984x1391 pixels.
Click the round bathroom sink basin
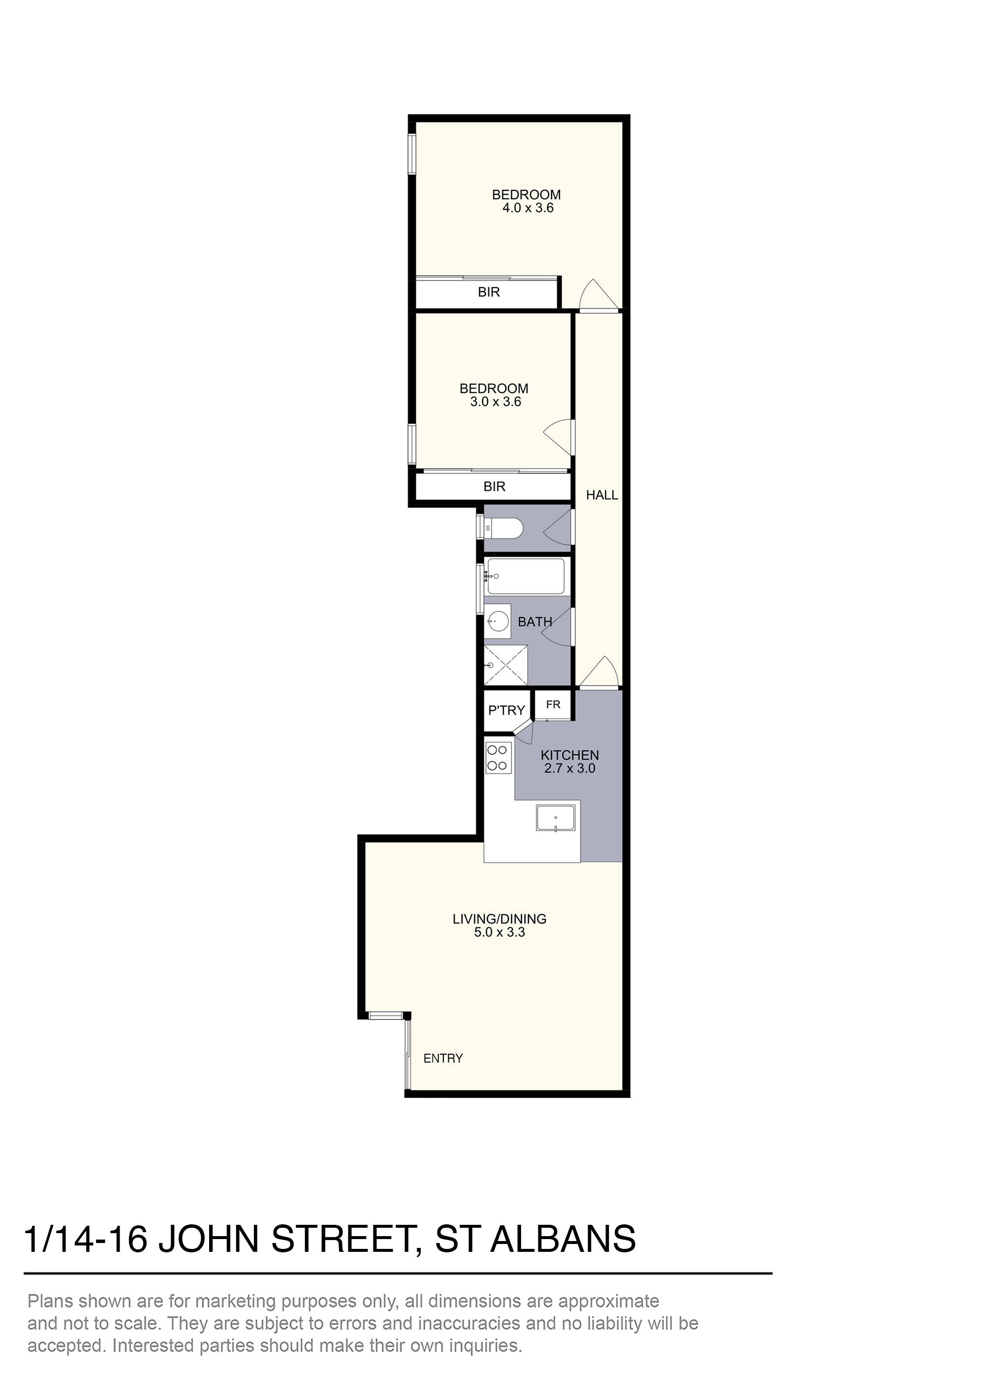(x=498, y=621)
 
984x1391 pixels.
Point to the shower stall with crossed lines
(x=506, y=665)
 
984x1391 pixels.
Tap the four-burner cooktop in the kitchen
(x=497, y=758)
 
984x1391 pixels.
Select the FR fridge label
(x=553, y=705)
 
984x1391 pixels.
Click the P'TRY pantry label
(x=506, y=710)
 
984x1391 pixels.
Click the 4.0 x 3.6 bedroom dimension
(x=527, y=208)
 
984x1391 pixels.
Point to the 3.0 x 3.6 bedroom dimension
(x=495, y=402)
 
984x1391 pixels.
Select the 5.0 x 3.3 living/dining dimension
(x=499, y=932)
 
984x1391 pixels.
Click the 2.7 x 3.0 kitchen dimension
(x=569, y=768)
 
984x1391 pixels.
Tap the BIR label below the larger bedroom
(x=489, y=292)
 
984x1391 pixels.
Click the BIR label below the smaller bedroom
(x=494, y=486)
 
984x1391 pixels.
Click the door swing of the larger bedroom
(x=597, y=295)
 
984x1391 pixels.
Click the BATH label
(x=535, y=622)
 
